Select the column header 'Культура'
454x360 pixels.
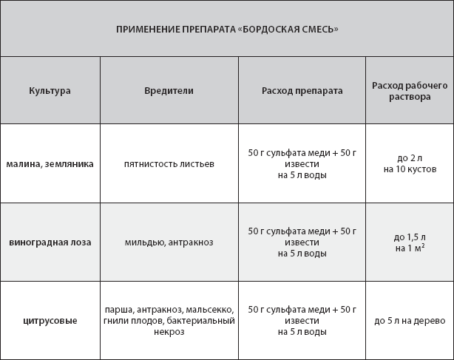tap(50, 90)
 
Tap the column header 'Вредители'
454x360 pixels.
tap(169, 90)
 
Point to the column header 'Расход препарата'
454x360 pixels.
tap(302, 90)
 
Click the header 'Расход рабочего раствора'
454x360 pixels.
tap(410, 91)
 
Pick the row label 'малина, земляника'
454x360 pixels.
tap(50, 163)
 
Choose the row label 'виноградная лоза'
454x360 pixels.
tap(50, 242)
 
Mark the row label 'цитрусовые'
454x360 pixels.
tap(50, 320)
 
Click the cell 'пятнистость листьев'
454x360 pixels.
tap(169, 163)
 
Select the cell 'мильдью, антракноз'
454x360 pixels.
tap(169, 242)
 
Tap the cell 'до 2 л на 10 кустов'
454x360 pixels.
tap(410, 163)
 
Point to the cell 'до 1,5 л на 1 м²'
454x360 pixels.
tap(410, 242)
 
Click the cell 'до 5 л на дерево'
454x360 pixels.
tap(410, 320)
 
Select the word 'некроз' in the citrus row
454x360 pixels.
tap(169, 332)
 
